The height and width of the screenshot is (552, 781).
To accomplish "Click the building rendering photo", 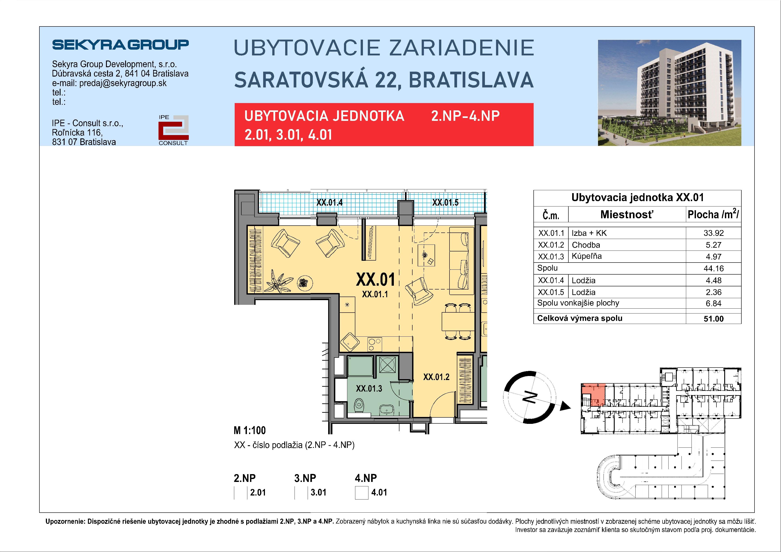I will [669, 93].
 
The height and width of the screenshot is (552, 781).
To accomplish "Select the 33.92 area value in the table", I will [713, 233].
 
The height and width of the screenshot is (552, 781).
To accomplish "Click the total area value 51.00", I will [713, 319].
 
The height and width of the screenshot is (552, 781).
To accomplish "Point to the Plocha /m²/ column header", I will [713, 214].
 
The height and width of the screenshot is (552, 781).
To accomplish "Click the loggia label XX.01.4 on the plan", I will [329, 203].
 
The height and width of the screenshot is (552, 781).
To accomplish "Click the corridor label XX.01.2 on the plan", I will [436, 377].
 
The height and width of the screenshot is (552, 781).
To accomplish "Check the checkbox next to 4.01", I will [362, 493].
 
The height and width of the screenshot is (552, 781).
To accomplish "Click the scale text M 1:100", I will [249, 431].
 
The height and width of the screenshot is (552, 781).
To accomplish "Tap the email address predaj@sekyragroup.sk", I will [123, 83].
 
